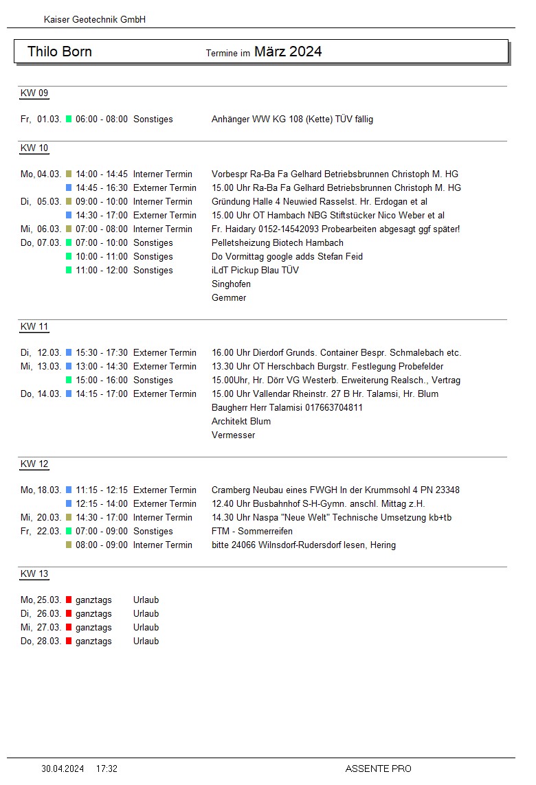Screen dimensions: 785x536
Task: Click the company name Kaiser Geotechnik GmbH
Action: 95,20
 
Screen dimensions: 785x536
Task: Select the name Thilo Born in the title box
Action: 60,52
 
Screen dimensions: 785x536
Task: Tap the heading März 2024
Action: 288,52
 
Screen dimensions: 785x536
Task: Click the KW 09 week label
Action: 34,93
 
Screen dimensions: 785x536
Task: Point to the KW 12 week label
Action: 34,464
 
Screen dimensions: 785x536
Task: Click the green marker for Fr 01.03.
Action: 69,120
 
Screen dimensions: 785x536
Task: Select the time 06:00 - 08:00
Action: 102,120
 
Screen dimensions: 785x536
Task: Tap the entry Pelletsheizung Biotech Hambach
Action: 278,243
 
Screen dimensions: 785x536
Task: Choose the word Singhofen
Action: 231,284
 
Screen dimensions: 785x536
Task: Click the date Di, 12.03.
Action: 41,353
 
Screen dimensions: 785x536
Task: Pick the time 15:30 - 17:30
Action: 102,353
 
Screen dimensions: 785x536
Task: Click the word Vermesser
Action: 233,435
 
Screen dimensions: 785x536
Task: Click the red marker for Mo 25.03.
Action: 69,600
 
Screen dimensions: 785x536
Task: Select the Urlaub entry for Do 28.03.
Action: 146,641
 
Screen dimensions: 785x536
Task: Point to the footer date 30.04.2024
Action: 63,769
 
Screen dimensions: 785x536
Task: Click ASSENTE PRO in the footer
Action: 378,769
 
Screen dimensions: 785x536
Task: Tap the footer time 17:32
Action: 107,769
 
